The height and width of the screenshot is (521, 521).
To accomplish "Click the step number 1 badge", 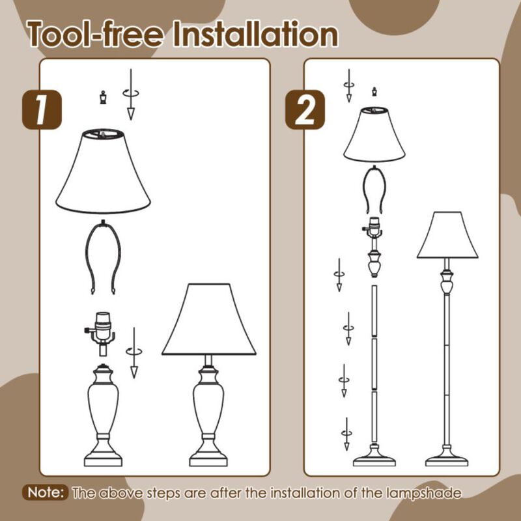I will click(42, 109).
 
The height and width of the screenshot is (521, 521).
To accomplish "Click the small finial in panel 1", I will click(102, 98).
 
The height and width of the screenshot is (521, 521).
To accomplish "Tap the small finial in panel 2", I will click(374, 91).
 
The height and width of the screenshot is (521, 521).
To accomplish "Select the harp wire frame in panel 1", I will click(102, 258).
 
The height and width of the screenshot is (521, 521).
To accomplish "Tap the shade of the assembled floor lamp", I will click(447, 235).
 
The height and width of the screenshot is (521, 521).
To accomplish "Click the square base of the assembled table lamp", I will click(208, 456).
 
